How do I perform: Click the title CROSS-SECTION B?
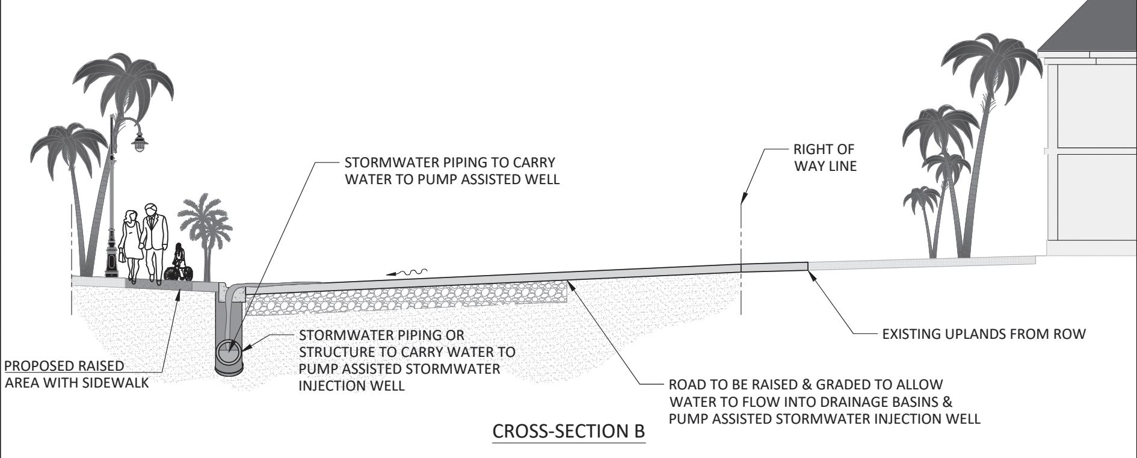click(x=568, y=432)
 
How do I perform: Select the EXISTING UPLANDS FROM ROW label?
click(x=984, y=335)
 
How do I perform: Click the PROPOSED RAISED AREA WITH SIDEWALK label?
click(x=76, y=374)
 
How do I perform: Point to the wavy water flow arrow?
click(x=407, y=273)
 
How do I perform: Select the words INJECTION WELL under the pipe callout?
click(x=351, y=386)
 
